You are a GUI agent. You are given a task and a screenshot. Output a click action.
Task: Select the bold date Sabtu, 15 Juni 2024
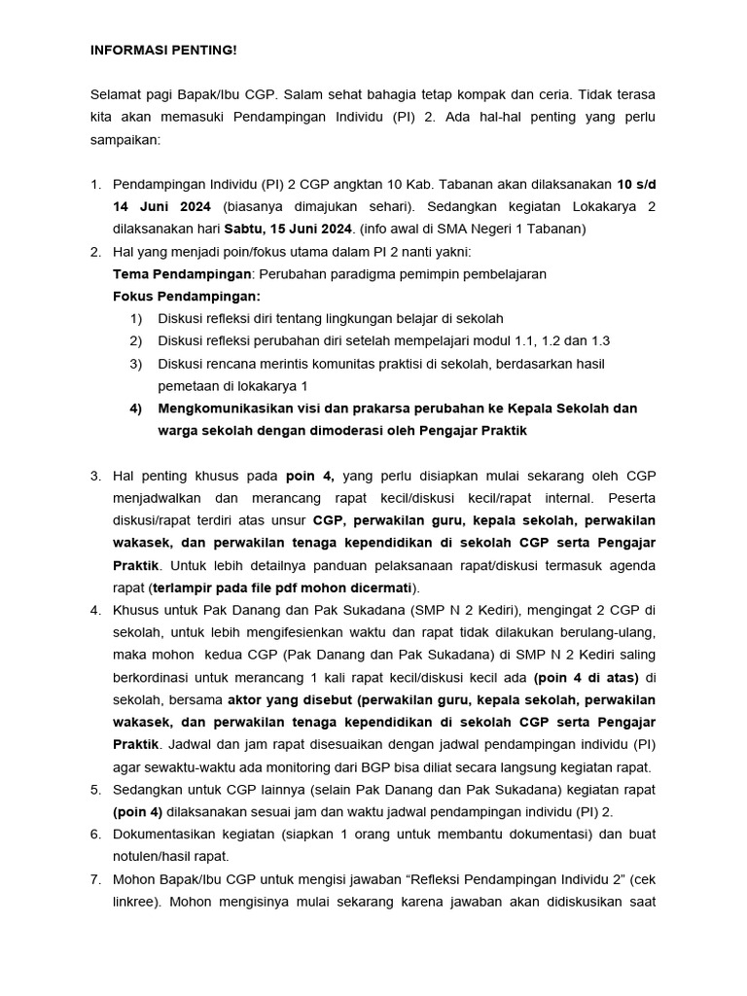pos(289,229)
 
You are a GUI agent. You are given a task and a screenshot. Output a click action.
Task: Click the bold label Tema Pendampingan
pos(182,274)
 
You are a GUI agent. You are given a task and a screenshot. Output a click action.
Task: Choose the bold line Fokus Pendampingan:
pos(187,296)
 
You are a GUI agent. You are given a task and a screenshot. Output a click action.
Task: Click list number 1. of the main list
pos(95,184)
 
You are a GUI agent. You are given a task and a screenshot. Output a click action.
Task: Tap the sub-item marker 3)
pos(136,364)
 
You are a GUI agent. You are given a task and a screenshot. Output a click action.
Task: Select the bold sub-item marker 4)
pos(136,409)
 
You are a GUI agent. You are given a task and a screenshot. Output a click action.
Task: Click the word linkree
pos(136,902)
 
